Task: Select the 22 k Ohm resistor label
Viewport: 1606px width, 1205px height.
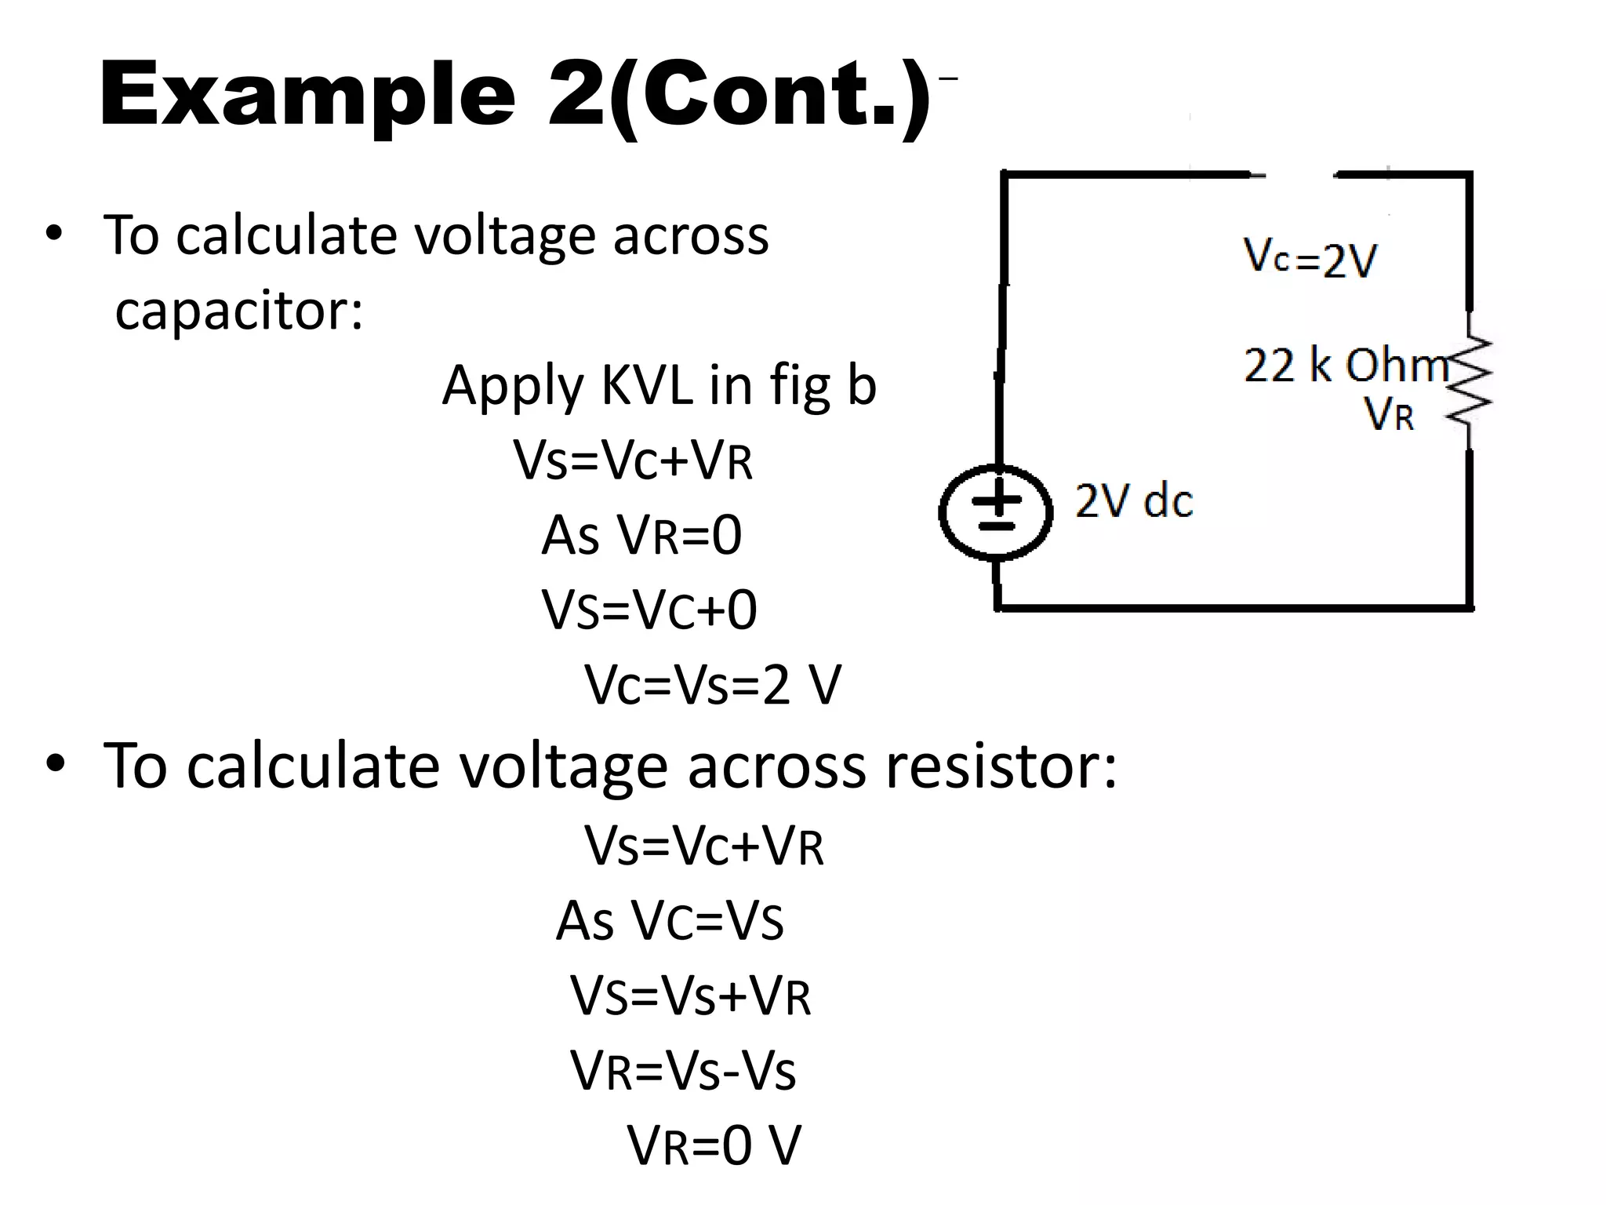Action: (x=1346, y=366)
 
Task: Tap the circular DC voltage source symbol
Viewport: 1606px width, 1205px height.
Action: (x=995, y=512)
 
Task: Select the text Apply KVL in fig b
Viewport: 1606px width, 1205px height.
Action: (x=659, y=385)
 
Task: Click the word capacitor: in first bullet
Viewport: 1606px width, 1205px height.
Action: (x=239, y=310)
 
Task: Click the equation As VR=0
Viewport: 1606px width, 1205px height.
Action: (x=641, y=535)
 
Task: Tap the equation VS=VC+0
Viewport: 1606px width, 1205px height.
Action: (x=649, y=610)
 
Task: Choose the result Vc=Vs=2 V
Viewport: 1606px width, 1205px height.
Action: (x=712, y=684)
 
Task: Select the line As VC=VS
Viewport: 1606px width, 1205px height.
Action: (x=670, y=920)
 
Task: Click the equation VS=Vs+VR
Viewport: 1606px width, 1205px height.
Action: (x=690, y=996)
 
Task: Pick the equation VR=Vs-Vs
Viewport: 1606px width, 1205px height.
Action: (x=682, y=1070)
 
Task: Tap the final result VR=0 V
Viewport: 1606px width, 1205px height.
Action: (x=714, y=1145)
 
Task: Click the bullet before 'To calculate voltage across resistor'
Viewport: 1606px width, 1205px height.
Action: (x=55, y=764)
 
